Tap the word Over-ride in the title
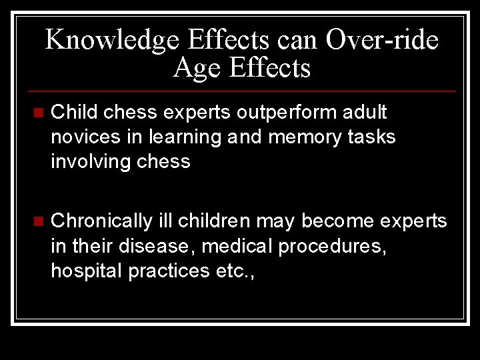click(383, 40)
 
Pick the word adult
click(364, 112)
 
